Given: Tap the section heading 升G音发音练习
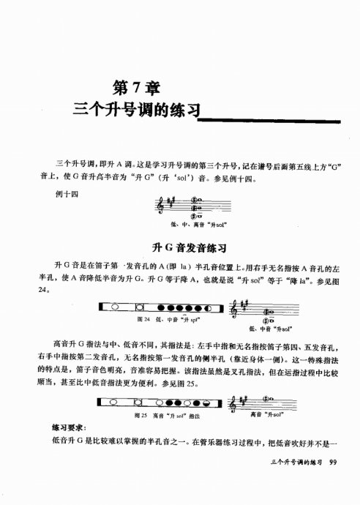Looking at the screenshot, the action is (x=182, y=247).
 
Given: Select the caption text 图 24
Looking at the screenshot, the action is (x=144, y=319).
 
